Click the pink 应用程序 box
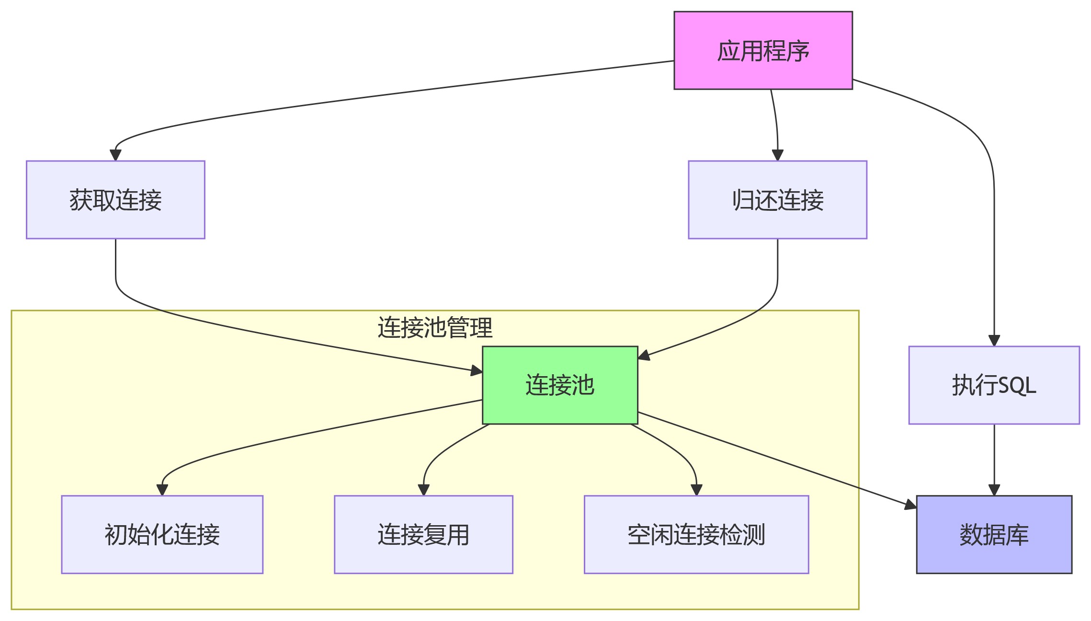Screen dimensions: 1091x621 (763, 50)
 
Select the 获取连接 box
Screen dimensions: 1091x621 (115, 200)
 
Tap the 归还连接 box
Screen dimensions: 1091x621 (777, 200)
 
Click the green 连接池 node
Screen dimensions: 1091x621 (560, 385)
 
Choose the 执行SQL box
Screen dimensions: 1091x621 (994, 385)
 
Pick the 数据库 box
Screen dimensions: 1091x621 (994, 534)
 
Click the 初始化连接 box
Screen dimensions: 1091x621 (162, 534)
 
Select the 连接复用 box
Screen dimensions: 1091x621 (423, 534)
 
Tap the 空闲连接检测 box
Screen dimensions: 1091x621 (696, 534)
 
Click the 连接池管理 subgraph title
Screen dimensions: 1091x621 (435, 328)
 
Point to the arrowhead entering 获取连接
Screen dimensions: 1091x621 (115, 155)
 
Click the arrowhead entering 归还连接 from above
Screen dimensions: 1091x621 (777, 155)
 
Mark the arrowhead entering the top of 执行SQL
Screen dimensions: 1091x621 (994, 341)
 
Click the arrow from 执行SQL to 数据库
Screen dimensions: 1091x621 (994, 460)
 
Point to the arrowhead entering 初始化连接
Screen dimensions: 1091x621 (162, 490)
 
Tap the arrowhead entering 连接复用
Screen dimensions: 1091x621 (423, 490)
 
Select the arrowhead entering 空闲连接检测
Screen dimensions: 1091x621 (696, 490)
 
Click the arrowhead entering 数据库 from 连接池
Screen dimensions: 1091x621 (911, 505)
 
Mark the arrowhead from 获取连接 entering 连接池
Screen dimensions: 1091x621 (477, 370)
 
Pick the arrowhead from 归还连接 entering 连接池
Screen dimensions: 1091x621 (644, 356)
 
